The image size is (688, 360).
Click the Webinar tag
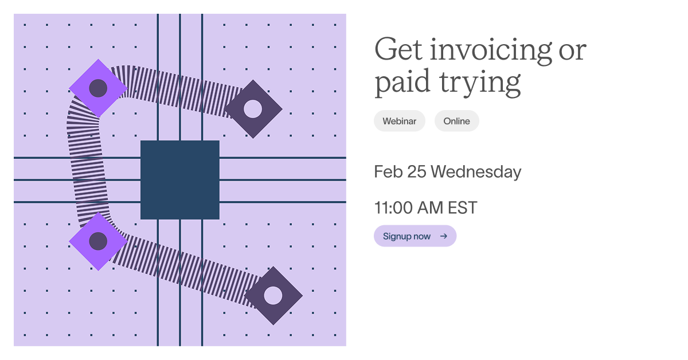pyautogui.click(x=400, y=121)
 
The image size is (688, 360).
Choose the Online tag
pyautogui.click(x=456, y=121)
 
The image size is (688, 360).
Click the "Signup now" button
pyautogui.click(x=406, y=236)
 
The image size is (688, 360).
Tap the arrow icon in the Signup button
pyautogui.click(x=443, y=236)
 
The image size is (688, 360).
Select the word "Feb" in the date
pyautogui.click(x=388, y=172)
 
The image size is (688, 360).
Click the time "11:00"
pyautogui.click(x=393, y=208)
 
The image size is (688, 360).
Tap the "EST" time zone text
pyautogui.click(x=462, y=208)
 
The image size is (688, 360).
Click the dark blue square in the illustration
pyautogui.click(x=180, y=180)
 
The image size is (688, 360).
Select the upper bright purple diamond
pyautogui.click(x=98, y=88)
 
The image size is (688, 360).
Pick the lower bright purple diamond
pyautogui.click(x=98, y=241)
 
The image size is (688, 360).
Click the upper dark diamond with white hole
pyautogui.click(x=253, y=108)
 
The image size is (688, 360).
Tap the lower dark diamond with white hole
pyautogui.click(x=273, y=295)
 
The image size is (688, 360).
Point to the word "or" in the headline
pyautogui.click(x=572, y=50)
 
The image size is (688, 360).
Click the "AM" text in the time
pyautogui.click(x=430, y=208)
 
